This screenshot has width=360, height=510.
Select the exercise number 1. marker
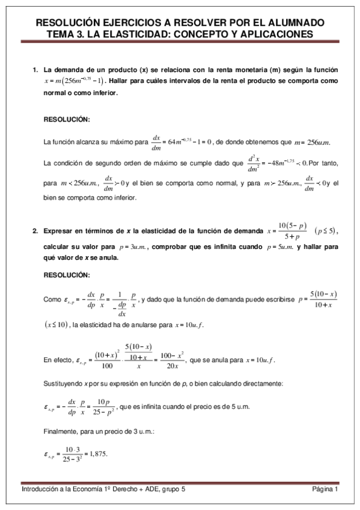pyautogui.click(x=35, y=70)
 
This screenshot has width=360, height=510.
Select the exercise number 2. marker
pyautogui.click(x=35, y=231)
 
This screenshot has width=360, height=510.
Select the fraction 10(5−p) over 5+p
pyautogui.click(x=290, y=231)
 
